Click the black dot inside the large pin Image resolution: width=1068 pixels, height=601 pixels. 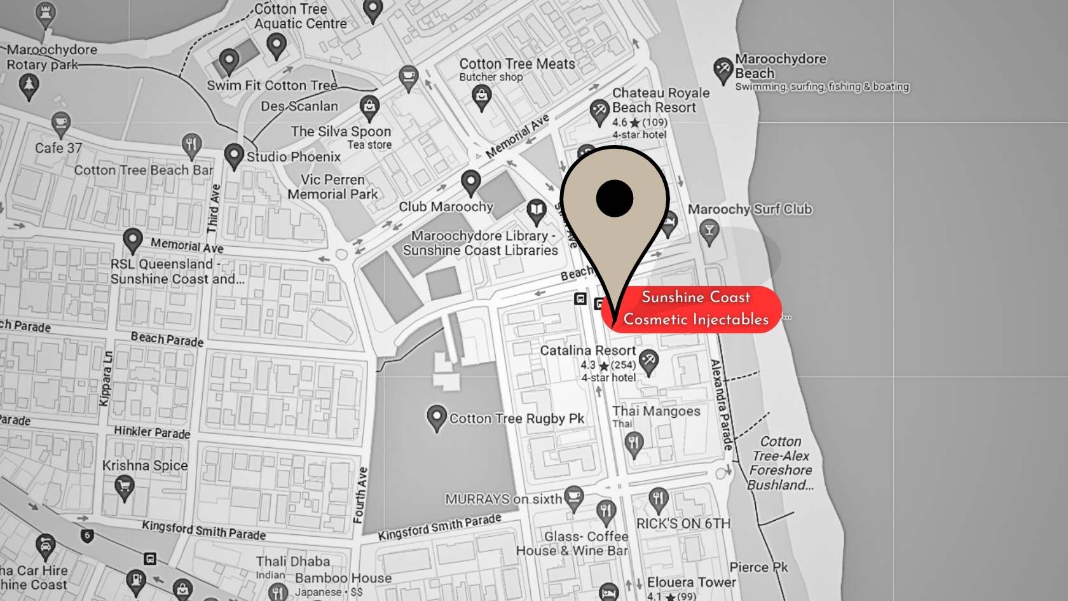[615, 198]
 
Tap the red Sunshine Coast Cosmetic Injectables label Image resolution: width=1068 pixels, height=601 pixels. [695, 308]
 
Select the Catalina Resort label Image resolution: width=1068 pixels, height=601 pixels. [587, 350]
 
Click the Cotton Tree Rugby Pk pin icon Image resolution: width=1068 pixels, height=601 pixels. [436, 418]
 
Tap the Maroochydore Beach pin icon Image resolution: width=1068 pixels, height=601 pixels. [723, 69]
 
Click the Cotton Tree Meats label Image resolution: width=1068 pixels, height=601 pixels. [517, 64]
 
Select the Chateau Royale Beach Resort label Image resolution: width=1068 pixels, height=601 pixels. [660, 100]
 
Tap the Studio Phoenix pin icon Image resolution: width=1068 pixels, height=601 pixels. [234, 155]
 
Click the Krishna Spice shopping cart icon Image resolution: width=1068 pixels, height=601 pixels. [124, 488]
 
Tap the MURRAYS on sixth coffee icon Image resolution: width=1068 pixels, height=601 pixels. [574, 497]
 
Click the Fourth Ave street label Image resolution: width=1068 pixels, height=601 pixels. [360, 495]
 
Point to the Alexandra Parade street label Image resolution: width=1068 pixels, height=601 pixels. [722, 404]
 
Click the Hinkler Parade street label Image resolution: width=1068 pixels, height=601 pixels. [152, 432]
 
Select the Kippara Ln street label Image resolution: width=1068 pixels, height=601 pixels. [106, 379]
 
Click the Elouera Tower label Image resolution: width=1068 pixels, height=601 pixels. [691, 583]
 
